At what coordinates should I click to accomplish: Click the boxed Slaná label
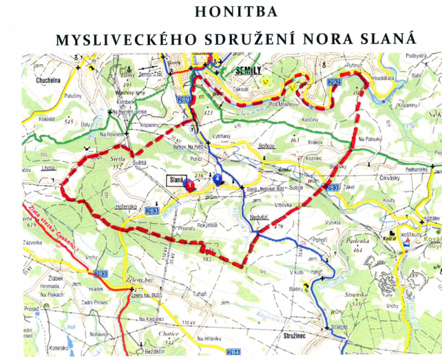click(x=176, y=181)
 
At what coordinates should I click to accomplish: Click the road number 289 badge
click(x=184, y=99)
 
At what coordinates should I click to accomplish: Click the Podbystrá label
click(x=417, y=56)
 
